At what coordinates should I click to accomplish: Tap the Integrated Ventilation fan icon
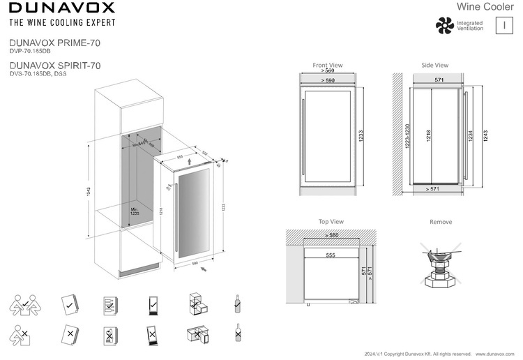click(x=444, y=25)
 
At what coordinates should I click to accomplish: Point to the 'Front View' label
click(x=327, y=65)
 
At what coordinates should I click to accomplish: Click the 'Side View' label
click(x=434, y=65)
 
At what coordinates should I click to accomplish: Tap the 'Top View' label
click(x=331, y=221)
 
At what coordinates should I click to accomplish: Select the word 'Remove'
click(x=441, y=222)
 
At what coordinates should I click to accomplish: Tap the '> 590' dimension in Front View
click(x=327, y=81)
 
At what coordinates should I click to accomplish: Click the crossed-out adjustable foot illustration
click(x=440, y=265)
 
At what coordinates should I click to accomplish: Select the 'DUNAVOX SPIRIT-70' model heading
click(x=55, y=65)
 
